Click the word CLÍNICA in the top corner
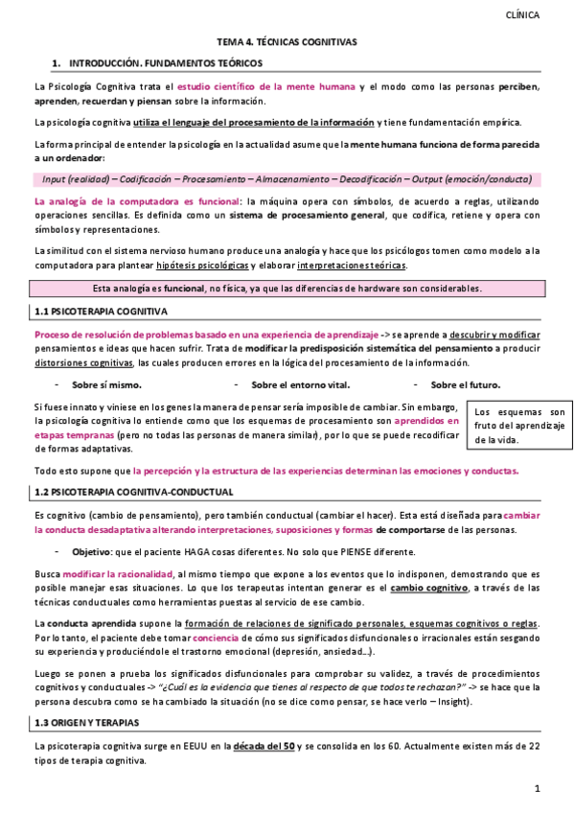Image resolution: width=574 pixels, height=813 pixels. tap(521, 15)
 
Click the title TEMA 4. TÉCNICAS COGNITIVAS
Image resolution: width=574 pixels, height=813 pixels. tap(287, 42)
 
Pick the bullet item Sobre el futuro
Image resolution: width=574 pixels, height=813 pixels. tap(464, 384)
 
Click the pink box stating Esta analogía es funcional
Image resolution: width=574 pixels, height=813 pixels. tap(287, 289)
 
